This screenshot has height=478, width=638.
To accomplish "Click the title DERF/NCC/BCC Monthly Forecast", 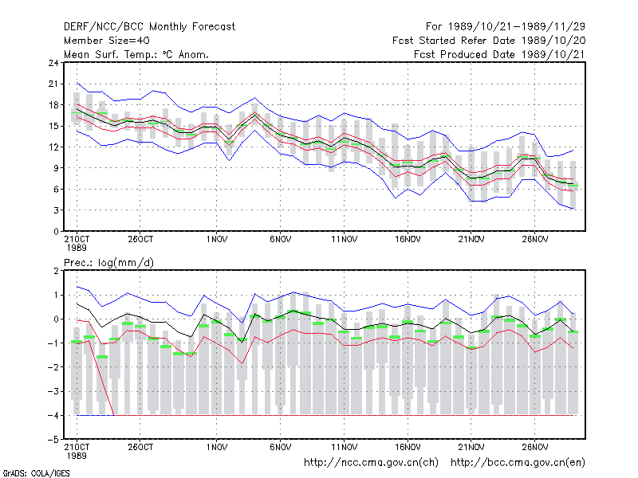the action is click(x=149, y=27).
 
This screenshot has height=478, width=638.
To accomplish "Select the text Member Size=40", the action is click(x=107, y=41).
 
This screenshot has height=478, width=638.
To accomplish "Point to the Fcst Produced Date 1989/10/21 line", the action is click(x=499, y=54).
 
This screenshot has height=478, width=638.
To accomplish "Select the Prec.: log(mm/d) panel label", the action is click(x=108, y=263).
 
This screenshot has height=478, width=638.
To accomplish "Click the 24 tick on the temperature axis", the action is click(x=53, y=63).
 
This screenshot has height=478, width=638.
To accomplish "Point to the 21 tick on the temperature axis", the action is click(x=53, y=84).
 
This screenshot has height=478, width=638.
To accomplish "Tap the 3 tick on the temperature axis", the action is click(x=56, y=210).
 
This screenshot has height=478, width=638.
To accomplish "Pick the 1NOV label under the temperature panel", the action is click(x=216, y=240).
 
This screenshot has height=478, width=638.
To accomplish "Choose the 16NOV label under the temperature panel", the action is click(x=408, y=240).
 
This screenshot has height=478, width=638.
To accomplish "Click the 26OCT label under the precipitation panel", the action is click(x=140, y=447).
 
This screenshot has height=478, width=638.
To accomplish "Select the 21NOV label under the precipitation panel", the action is click(x=471, y=447).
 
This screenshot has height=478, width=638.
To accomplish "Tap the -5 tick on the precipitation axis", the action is click(x=53, y=440).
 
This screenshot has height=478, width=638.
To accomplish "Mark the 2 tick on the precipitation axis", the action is click(x=56, y=271).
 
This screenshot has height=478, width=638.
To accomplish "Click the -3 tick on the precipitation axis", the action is click(x=53, y=392).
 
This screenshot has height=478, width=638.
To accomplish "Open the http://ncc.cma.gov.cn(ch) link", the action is click(x=371, y=463).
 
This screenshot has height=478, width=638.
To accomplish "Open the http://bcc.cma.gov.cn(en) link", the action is click(x=518, y=463).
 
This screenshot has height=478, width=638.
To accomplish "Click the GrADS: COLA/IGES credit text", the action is click(x=36, y=473).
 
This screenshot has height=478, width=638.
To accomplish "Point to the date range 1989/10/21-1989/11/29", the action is click(x=517, y=27).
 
